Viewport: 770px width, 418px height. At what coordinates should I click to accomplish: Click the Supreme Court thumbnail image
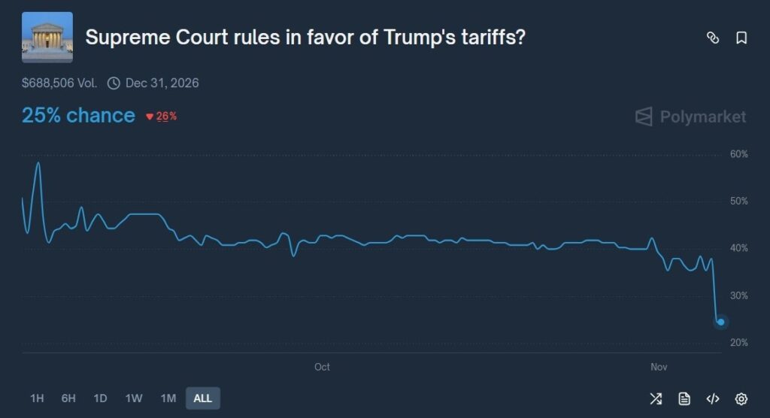click(x=47, y=37)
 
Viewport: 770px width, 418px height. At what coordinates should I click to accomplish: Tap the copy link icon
click(x=713, y=38)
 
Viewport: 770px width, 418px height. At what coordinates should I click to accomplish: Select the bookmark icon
click(x=741, y=38)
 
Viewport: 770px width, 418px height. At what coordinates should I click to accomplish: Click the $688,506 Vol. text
click(x=59, y=83)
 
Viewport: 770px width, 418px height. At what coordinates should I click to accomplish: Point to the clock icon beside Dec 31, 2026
click(x=114, y=83)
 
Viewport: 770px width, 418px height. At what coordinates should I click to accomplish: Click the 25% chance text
click(x=78, y=116)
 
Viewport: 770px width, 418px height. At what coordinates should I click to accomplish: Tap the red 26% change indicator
click(x=162, y=117)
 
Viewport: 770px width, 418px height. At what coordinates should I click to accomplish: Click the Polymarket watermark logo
click(x=691, y=117)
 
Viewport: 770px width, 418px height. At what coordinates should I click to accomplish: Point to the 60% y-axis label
click(x=739, y=155)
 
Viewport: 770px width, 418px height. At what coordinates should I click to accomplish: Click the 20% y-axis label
click(x=739, y=343)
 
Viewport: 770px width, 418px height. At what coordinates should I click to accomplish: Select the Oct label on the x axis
click(x=322, y=367)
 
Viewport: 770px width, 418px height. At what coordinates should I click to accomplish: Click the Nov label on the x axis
click(x=659, y=367)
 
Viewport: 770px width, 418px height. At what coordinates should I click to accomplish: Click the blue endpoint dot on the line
click(x=720, y=322)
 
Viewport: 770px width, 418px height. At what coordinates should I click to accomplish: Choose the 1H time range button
click(x=37, y=398)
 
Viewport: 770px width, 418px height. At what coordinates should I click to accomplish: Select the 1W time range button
click(x=134, y=398)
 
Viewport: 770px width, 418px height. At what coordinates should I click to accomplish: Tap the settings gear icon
click(x=741, y=398)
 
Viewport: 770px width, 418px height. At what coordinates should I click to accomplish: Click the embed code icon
click(x=713, y=398)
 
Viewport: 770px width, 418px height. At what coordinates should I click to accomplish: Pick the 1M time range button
click(x=168, y=398)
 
